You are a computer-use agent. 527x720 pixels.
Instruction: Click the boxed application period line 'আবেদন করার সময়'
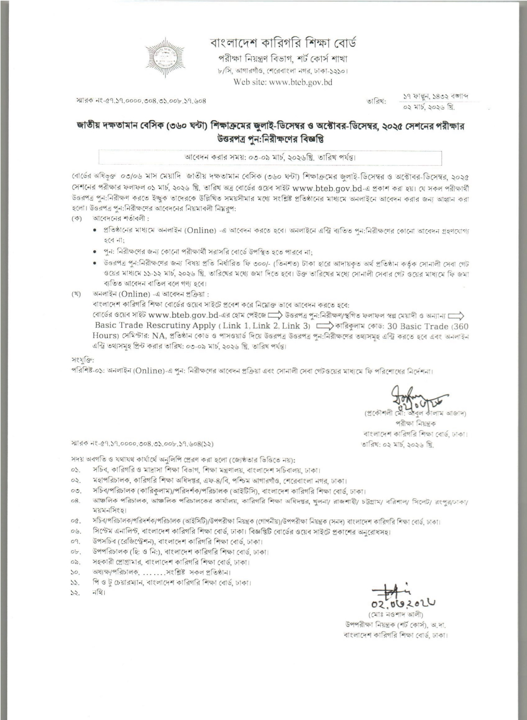click(270, 156)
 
